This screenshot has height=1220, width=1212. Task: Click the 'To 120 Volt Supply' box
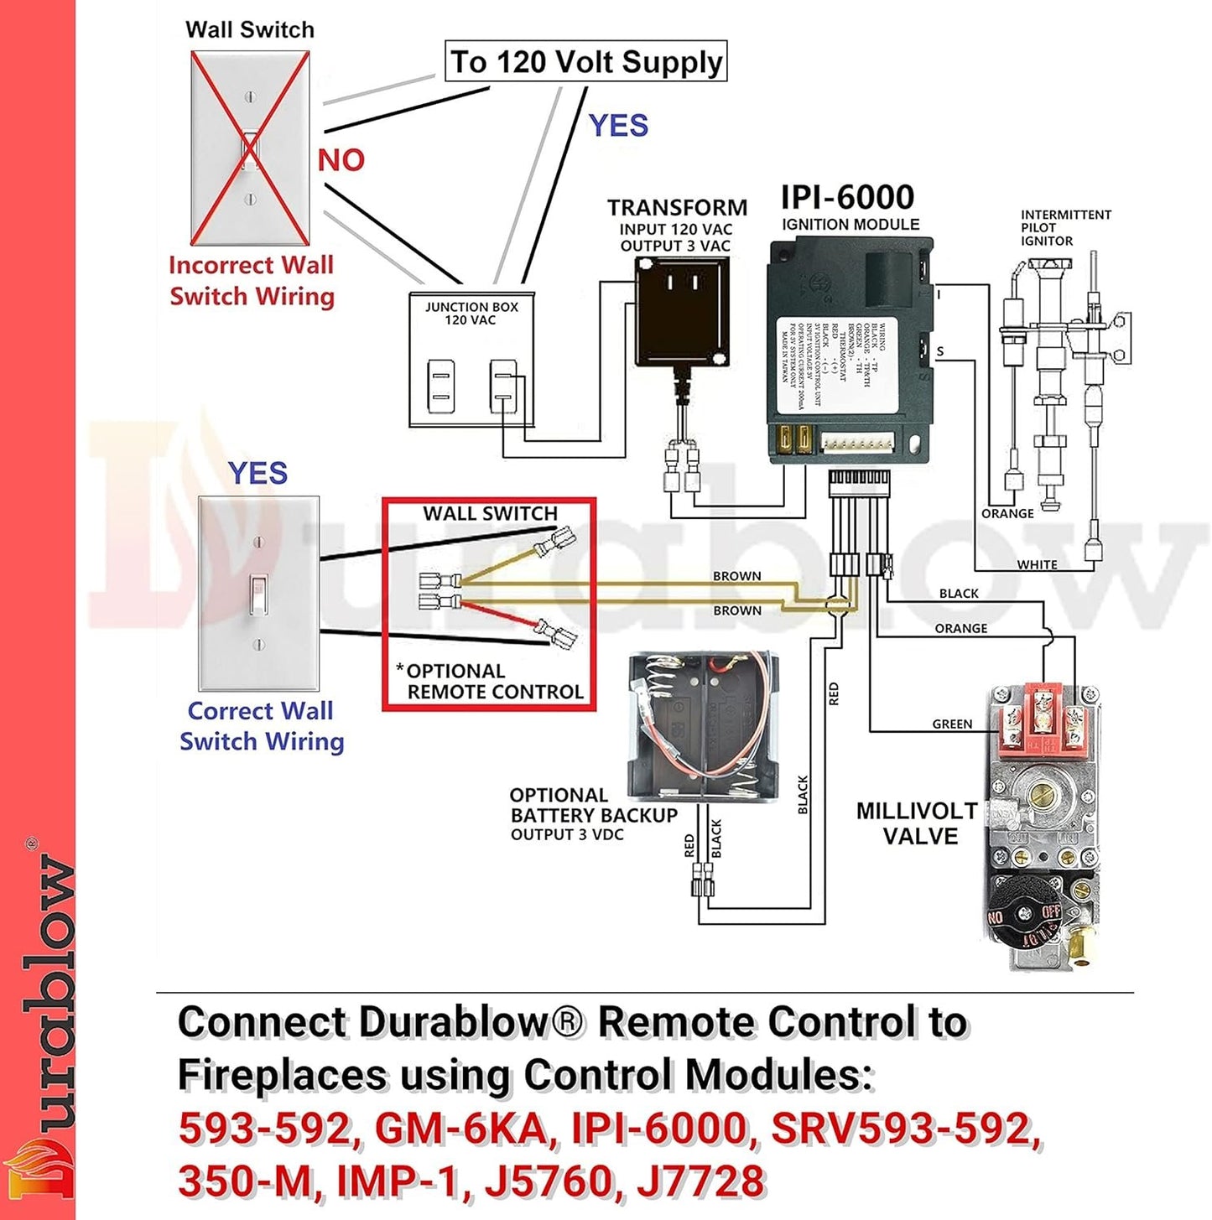tap(585, 62)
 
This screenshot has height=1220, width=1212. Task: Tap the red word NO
tap(341, 159)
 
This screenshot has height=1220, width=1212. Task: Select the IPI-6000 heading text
tap(847, 197)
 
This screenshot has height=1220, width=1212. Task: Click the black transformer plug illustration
tap(682, 312)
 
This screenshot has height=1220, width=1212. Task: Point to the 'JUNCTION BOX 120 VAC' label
tap(471, 313)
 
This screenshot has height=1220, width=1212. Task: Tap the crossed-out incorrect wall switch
tap(250, 148)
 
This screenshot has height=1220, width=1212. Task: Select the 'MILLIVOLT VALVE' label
tap(917, 823)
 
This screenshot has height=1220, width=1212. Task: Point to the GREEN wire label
tap(952, 724)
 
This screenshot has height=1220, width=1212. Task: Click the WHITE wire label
tap(1037, 564)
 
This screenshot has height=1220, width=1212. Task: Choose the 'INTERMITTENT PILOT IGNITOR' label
tap(1065, 227)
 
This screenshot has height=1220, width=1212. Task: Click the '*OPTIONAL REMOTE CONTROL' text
tap(491, 682)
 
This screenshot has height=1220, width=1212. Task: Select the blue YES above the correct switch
tap(257, 473)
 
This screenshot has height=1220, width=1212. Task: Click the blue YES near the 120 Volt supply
tap(618, 126)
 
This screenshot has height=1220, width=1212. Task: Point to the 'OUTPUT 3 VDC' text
tap(567, 834)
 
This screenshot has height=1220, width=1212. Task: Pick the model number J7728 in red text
tap(700, 1181)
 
